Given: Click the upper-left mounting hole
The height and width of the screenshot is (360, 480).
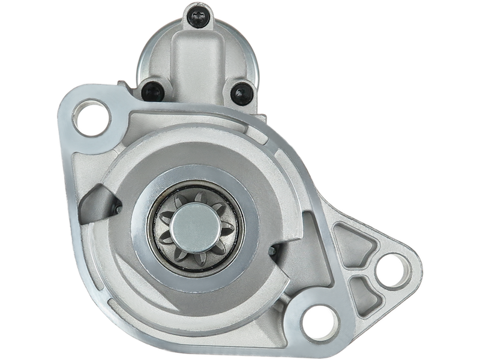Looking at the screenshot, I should click(92, 118).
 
